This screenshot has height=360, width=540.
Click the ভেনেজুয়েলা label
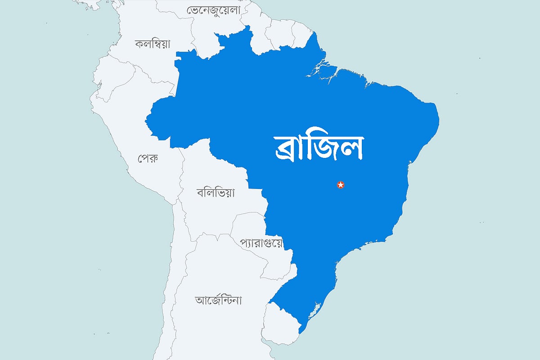(213, 10)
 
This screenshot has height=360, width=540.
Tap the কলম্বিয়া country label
(153, 44)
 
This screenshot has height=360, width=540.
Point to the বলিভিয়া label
(216, 193)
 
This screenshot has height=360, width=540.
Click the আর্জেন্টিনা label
(219, 300)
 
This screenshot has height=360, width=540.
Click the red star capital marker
(341, 184)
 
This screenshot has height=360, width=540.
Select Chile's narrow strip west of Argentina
(175, 270)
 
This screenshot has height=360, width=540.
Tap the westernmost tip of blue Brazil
(147, 121)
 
